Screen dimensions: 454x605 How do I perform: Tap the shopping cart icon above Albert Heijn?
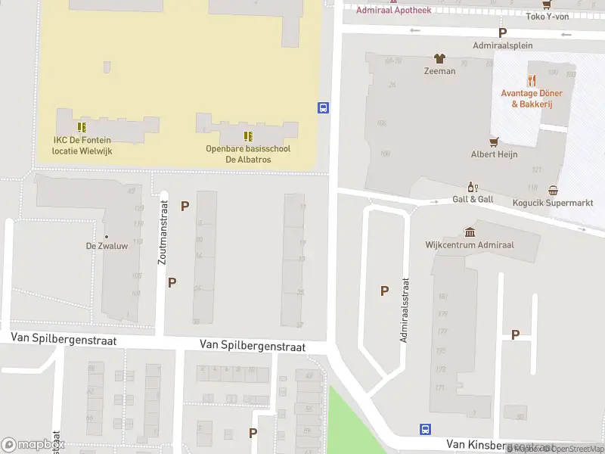pos(494,141)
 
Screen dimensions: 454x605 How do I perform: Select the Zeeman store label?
pos(439,71)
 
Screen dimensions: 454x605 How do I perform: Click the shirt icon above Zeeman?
pos(439,58)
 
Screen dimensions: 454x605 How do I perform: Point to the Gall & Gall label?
pos(473,199)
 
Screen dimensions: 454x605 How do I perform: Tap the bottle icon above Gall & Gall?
pos(473,186)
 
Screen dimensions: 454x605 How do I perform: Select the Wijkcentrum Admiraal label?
pos(470,244)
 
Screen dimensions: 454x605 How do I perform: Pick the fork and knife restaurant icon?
pos(532,79)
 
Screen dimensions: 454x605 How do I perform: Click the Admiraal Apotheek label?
pos(393,10)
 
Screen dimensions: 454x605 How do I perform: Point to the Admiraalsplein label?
pos(502,45)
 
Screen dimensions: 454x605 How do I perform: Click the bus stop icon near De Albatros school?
pos(324,107)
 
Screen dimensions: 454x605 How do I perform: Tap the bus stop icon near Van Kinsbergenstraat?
pos(425,429)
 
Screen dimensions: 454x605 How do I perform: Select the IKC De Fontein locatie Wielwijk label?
pos(82,145)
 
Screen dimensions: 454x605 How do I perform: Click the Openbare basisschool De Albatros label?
pos(248,154)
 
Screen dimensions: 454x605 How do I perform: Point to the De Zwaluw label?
pos(106,246)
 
